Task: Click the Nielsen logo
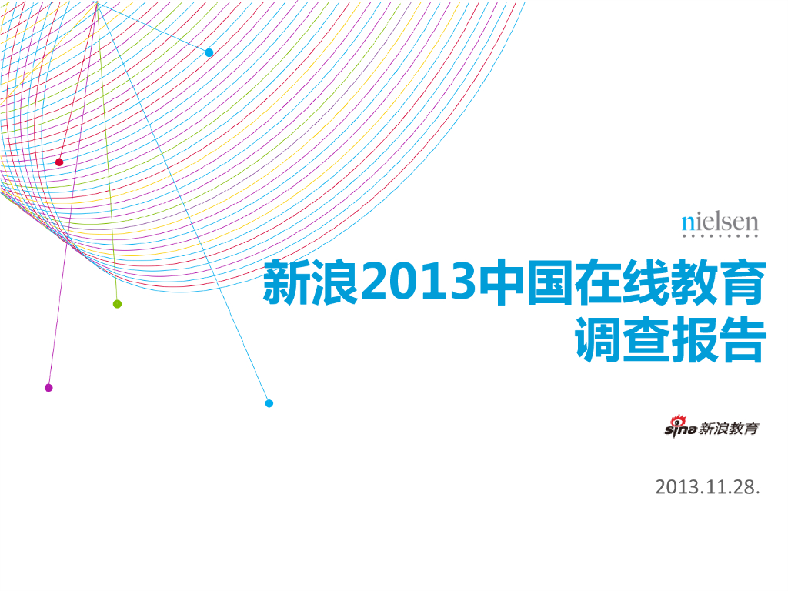click(x=720, y=225)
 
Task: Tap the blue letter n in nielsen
click(x=687, y=223)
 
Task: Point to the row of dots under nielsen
click(x=720, y=237)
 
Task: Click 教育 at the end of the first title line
click(x=719, y=282)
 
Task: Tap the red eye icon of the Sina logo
click(x=678, y=419)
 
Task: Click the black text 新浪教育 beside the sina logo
click(x=729, y=429)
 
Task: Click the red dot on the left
click(x=59, y=162)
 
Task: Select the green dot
click(x=117, y=304)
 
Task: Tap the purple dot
click(x=48, y=387)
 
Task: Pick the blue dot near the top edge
click(x=209, y=52)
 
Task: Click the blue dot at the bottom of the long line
click(x=269, y=403)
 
